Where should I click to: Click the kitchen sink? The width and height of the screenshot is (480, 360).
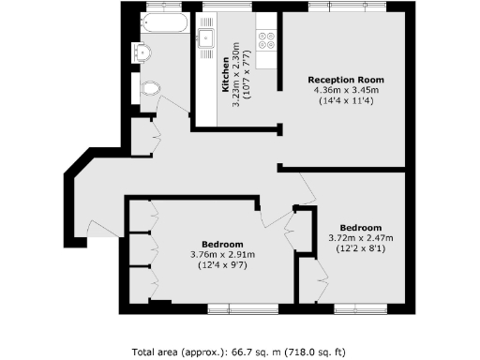point(207,38)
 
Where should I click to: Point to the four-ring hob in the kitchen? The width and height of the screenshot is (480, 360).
point(266,40)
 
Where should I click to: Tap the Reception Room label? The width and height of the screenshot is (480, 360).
point(345,80)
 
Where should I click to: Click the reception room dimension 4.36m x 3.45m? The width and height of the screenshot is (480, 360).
point(345,90)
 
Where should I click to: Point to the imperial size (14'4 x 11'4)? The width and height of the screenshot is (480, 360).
point(345,100)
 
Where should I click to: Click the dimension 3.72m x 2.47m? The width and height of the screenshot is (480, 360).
point(360,238)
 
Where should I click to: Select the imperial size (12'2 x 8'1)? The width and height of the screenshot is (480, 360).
point(360,248)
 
